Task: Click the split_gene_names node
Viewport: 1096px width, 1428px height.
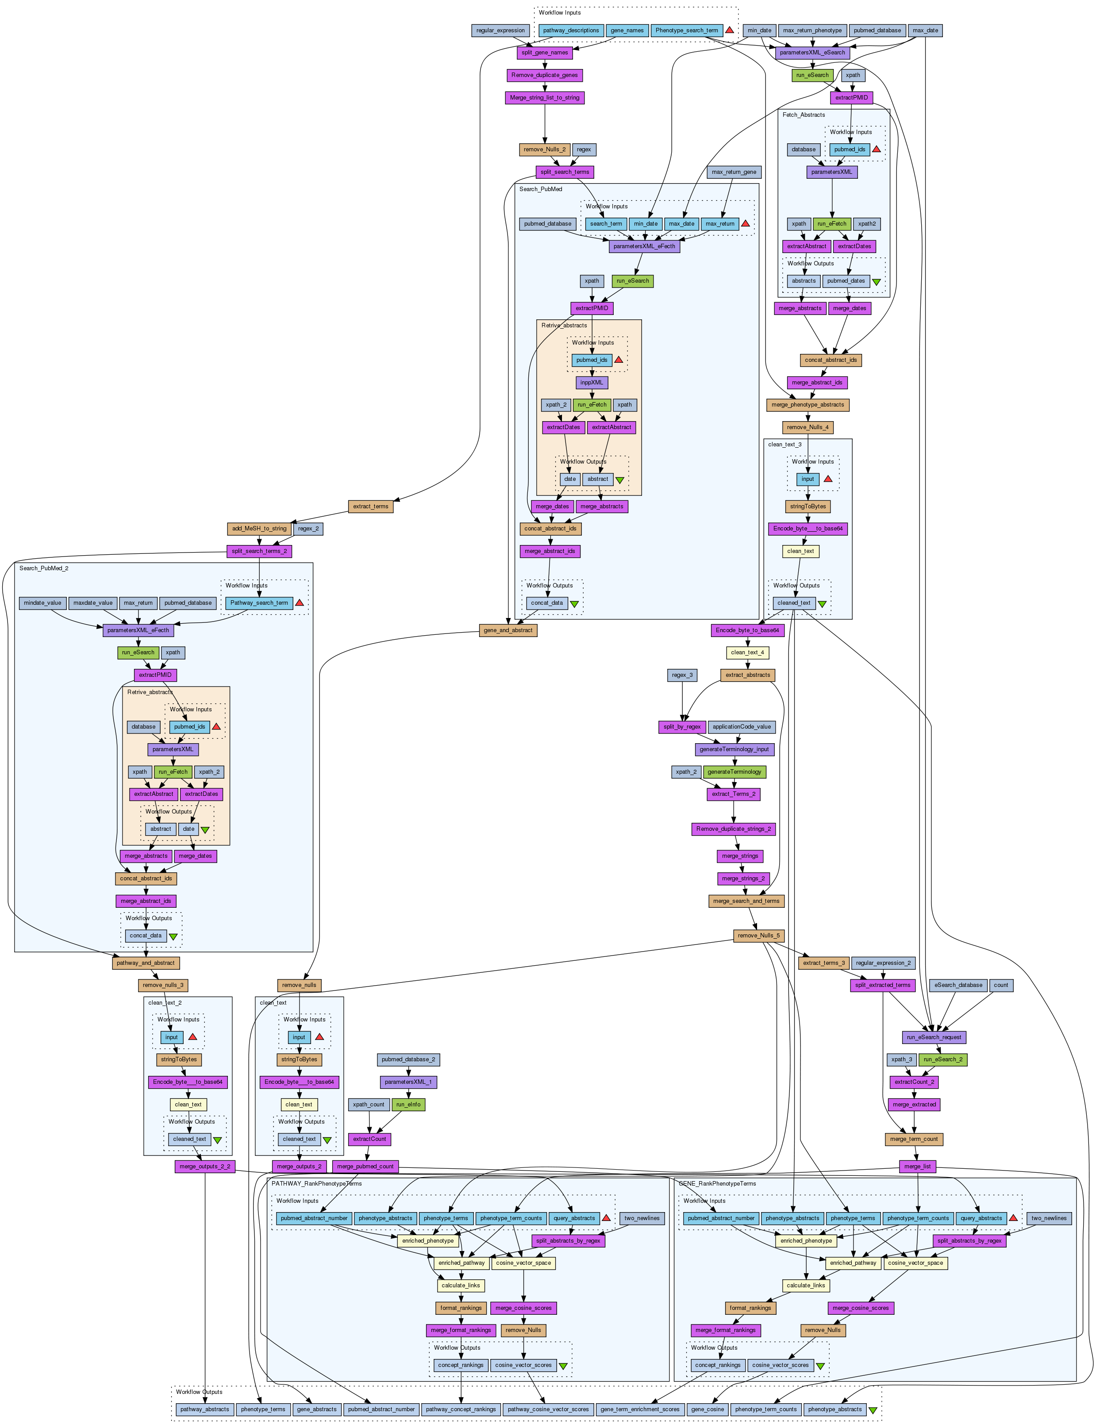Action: point(545,53)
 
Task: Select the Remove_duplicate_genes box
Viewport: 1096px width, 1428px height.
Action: point(545,75)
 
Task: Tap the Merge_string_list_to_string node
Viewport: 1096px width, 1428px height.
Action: point(545,98)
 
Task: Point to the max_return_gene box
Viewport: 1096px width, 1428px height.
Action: point(735,172)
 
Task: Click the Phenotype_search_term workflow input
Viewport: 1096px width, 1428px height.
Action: point(687,31)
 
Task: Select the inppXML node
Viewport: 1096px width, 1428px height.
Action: point(592,383)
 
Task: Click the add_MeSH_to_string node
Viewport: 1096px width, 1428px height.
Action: point(259,529)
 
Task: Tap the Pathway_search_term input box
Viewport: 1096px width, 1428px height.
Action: point(259,603)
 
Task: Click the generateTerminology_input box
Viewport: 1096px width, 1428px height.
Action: point(735,749)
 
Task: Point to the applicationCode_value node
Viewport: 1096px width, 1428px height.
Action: point(742,727)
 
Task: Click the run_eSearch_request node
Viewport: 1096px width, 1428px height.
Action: point(934,1037)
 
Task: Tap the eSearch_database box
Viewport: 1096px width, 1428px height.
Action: point(958,985)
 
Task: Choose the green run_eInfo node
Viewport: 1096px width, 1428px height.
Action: point(408,1105)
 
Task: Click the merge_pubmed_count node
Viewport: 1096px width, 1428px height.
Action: point(365,1167)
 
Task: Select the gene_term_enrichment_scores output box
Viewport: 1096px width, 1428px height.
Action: point(639,1409)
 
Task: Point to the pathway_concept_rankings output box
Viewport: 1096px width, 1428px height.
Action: point(461,1409)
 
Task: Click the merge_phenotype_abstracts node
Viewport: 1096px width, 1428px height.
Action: point(808,405)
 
